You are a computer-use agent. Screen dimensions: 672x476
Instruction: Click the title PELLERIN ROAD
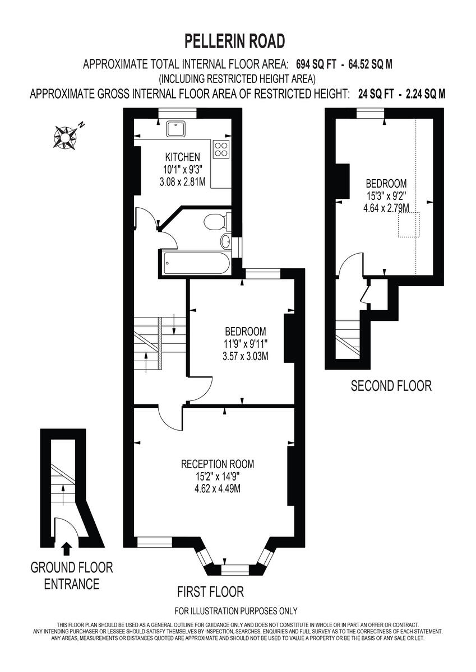click(235, 41)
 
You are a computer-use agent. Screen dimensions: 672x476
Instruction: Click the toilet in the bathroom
click(216, 222)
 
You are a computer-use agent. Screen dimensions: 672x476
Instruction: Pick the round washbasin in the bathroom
click(225, 242)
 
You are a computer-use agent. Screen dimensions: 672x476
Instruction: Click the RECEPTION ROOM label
click(218, 464)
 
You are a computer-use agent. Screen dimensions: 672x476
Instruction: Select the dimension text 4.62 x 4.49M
click(218, 488)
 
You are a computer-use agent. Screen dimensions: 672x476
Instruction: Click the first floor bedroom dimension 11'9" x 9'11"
click(245, 343)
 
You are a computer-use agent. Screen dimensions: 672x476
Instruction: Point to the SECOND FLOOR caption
click(391, 385)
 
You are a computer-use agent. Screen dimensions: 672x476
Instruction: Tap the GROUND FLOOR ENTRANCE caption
click(71, 576)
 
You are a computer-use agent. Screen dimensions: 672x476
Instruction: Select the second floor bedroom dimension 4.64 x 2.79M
click(386, 208)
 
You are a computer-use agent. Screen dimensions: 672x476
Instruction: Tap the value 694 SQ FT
click(316, 64)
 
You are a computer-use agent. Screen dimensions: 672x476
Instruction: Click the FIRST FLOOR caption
click(210, 591)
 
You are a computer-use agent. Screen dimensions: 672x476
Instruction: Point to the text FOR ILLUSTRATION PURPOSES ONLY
click(236, 611)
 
